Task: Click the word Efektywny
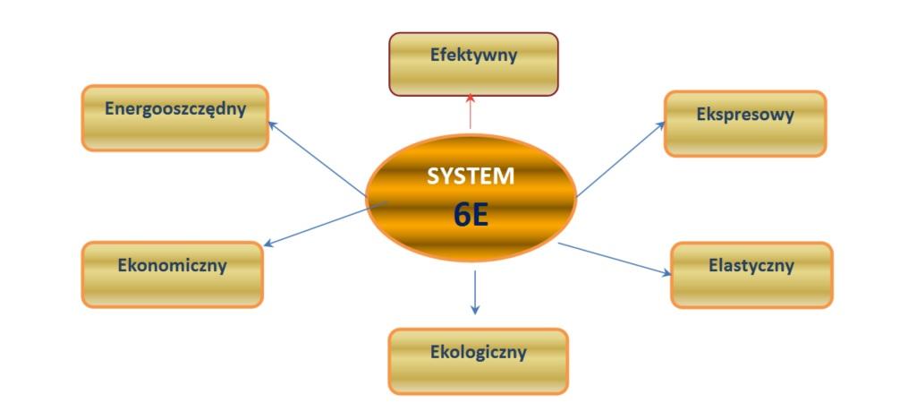tap(473, 56)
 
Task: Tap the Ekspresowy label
tap(744, 115)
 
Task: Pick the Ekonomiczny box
tap(172, 266)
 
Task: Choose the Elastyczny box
tap(751, 266)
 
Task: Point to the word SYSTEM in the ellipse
tap(470, 176)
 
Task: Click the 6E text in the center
tap(470, 216)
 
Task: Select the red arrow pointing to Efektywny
tap(470, 112)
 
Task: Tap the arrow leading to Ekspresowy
tap(621, 159)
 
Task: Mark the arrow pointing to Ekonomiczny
tap(318, 225)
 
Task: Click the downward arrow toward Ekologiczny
tap(475, 291)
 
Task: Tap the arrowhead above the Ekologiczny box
tap(475, 309)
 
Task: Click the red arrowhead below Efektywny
tap(470, 97)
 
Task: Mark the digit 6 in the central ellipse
tap(460, 216)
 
